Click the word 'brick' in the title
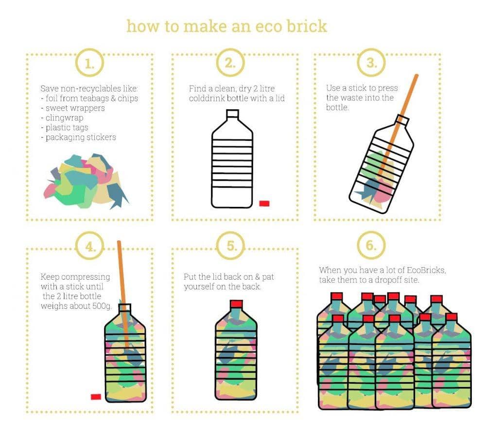click(x=305, y=25)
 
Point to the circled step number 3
click(x=371, y=63)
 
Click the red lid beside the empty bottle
click(x=264, y=203)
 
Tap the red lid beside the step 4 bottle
click(x=96, y=397)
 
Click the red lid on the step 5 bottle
click(x=236, y=305)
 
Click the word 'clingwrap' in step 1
click(x=64, y=118)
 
